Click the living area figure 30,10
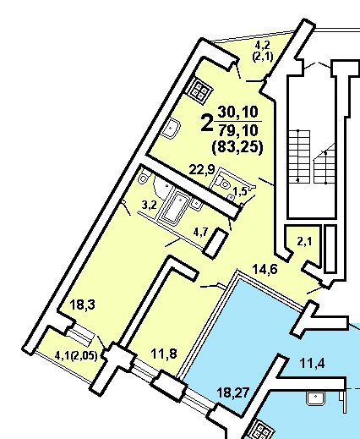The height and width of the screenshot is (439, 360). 237,112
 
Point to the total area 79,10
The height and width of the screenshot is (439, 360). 238,130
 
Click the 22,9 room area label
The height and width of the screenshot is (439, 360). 202,170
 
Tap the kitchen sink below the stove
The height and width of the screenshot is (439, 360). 171,129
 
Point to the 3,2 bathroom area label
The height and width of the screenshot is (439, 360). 149,205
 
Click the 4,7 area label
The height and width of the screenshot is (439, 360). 200,233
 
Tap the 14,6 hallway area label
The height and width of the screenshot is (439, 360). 265,269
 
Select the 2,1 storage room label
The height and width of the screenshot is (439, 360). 304,241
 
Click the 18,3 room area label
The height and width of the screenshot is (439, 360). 82,305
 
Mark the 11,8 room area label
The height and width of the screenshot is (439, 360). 164,354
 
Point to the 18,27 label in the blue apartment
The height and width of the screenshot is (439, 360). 232,392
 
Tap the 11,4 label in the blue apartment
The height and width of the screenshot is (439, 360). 312,363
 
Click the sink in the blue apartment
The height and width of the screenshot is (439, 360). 315,398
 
